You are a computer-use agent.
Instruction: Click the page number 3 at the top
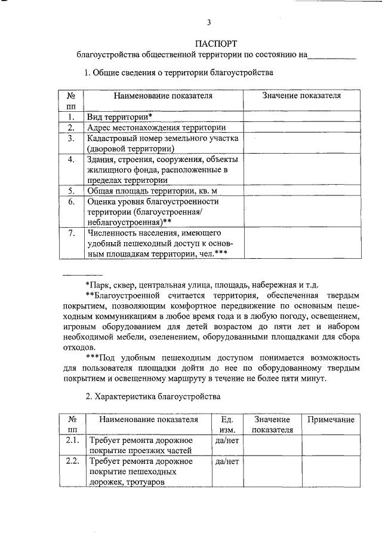click(208, 23)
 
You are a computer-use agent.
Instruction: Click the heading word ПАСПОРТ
click(216, 43)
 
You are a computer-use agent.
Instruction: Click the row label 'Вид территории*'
click(119, 117)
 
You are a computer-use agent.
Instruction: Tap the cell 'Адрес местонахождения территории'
click(156, 127)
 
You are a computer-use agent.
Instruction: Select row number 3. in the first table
click(70, 138)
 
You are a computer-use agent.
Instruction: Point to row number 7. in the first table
click(70, 232)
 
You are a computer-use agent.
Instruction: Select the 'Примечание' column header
click(331, 420)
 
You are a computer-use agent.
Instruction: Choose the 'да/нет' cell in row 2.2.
click(227, 461)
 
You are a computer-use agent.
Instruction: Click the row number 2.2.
click(72, 461)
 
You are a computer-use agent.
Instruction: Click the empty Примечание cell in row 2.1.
click(331, 445)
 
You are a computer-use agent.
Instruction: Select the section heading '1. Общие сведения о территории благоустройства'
click(178, 73)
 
